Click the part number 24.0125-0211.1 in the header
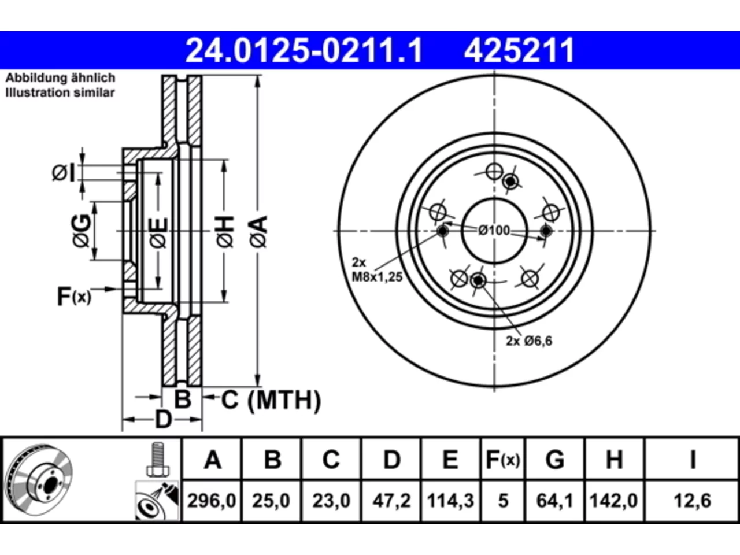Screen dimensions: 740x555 304,51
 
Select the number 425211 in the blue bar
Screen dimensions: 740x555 520,51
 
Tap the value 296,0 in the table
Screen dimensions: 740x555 212,501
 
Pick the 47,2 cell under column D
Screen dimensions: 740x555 391,501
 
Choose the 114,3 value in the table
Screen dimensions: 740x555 450,501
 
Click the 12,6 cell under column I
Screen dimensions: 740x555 692,501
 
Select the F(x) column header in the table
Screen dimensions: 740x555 502,460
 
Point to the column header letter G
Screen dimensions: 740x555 554,460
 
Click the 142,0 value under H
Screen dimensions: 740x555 613,501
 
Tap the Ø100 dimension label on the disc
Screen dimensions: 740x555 494,231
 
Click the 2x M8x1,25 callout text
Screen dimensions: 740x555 377,269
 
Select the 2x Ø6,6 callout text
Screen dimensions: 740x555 529,341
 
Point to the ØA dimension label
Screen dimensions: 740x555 259,232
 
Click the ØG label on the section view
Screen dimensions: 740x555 82,231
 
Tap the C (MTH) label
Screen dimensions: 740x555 271,400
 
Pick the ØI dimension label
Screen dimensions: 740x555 64,173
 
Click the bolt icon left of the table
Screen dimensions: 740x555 158,459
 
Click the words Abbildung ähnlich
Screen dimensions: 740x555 61,78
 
